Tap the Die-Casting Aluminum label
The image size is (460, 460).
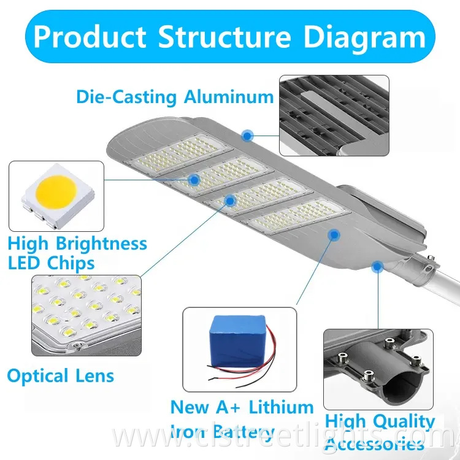[x=175, y=96]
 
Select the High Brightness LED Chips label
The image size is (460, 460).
[x=77, y=253]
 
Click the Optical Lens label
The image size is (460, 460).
[x=60, y=375]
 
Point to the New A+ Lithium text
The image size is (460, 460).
[x=242, y=407]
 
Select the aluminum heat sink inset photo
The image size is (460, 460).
[x=334, y=115]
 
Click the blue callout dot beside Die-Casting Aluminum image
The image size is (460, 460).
[x=247, y=134]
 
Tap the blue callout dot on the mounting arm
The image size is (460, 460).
[x=377, y=266]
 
